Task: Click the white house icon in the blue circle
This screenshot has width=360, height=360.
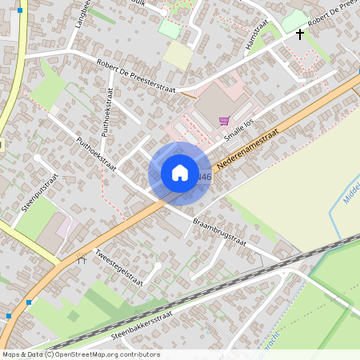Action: coord(180,173)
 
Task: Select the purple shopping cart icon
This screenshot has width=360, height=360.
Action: coord(224,122)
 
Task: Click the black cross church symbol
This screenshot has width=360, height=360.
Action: coord(301,34)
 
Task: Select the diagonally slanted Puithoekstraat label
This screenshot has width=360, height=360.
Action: coord(97,154)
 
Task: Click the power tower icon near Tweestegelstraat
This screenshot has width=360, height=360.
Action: coord(80,258)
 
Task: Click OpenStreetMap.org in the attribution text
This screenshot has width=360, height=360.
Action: coord(86,354)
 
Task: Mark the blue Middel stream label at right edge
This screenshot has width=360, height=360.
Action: coord(350,190)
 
